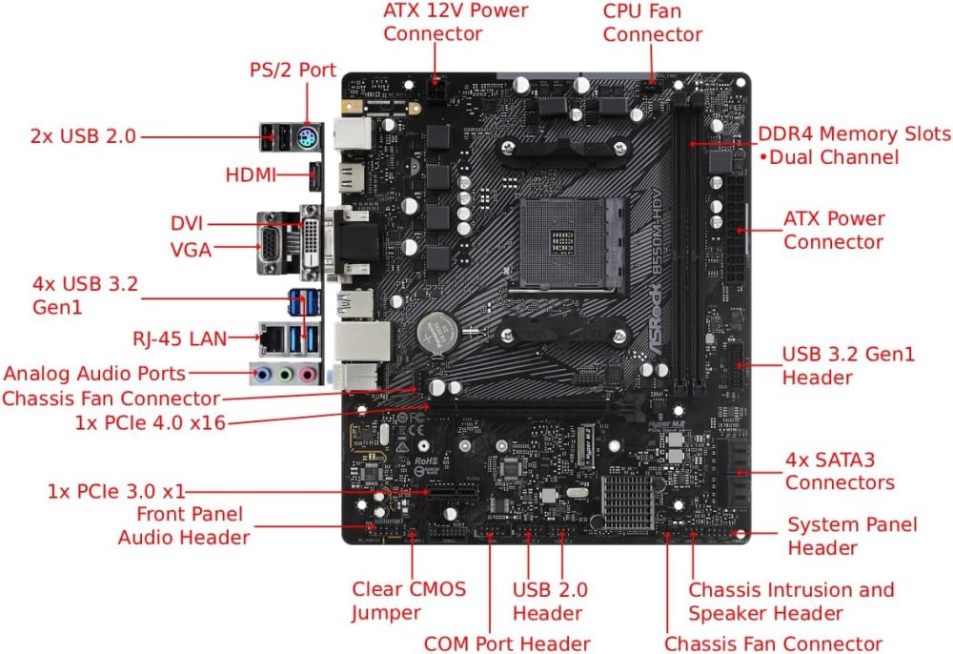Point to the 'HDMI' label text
click(x=251, y=175)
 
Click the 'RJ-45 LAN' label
click(x=186, y=337)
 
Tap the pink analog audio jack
click(x=307, y=375)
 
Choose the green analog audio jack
click(x=284, y=375)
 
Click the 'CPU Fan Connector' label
click(x=653, y=22)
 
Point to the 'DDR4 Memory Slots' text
click(x=854, y=133)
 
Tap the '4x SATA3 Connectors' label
click(x=840, y=470)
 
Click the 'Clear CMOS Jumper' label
click(x=409, y=601)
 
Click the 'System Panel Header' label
click(x=852, y=536)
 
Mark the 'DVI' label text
click(x=188, y=223)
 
